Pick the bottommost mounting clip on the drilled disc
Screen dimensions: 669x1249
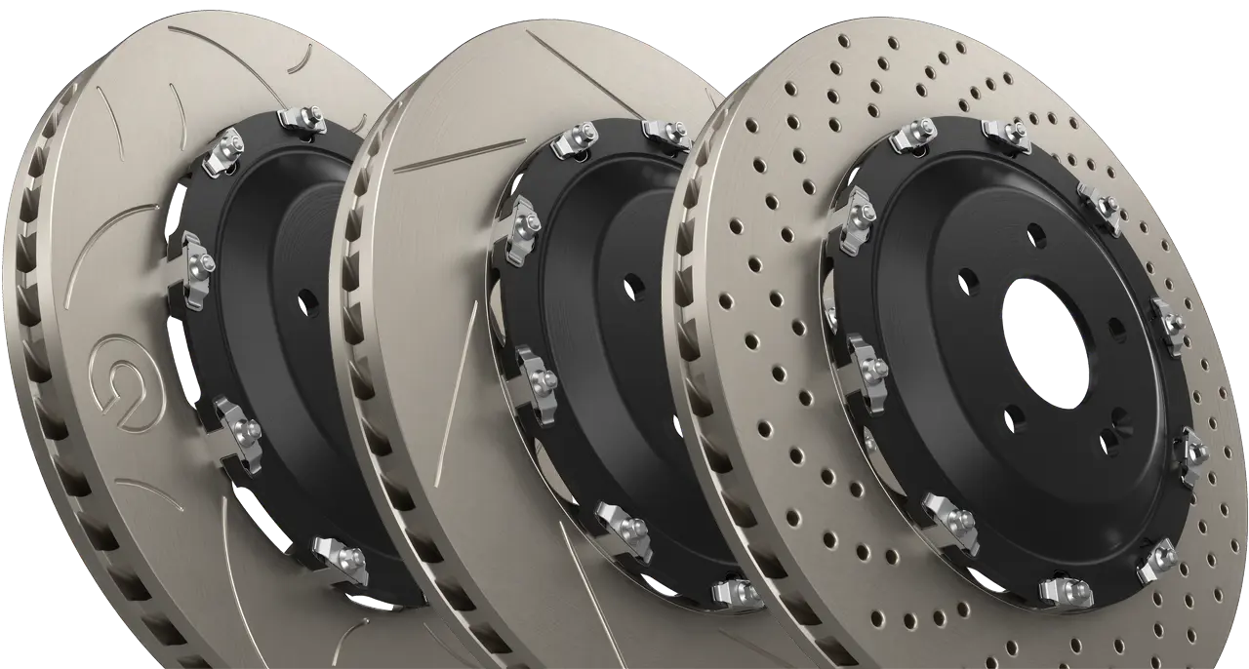(x=1063, y=590)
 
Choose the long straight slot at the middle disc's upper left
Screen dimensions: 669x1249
(x=444, y=157)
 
